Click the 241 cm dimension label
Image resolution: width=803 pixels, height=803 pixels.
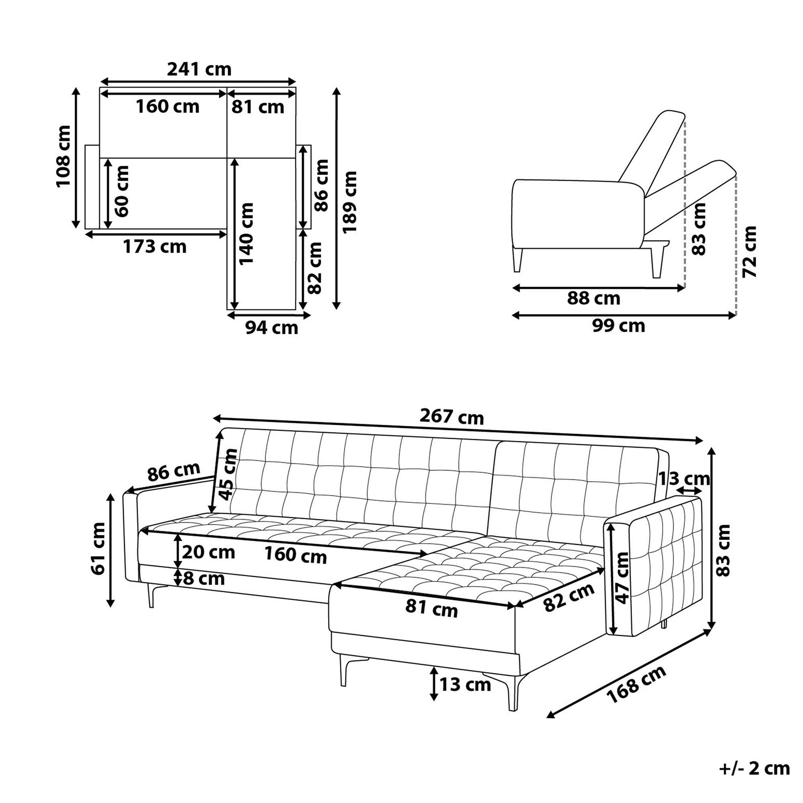[x=199, y=69]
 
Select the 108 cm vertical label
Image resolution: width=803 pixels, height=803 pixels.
[x=64, y=156]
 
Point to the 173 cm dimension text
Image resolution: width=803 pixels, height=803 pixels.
[x=155, y=247]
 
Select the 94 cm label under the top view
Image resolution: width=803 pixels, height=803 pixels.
[x=271, y=328]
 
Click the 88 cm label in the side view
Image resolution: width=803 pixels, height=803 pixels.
[x=593, y=298]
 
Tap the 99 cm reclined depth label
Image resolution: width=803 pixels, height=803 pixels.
[x=618, y=326]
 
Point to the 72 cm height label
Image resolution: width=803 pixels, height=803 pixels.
[x=749, y=252]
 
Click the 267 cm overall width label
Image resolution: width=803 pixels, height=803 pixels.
[x=452, y=416]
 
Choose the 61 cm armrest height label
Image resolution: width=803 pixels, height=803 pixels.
[x=99, y=548]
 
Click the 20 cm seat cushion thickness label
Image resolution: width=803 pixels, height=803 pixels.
[x=209, y=552]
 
